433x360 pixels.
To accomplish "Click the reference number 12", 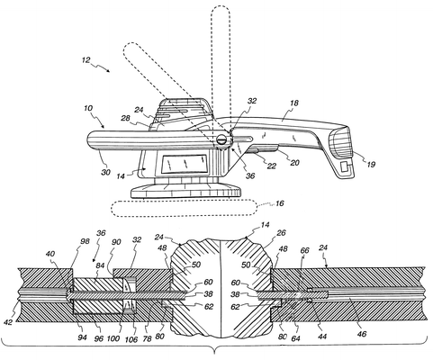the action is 86,60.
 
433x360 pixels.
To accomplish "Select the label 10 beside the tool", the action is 88,108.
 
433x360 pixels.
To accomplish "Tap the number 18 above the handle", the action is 294,103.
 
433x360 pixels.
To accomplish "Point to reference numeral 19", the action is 371,165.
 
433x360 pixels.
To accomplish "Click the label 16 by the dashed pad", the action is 280,203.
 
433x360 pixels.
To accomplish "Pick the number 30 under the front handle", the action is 105,172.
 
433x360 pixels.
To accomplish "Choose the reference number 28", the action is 125,118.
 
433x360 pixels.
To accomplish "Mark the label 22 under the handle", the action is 271,166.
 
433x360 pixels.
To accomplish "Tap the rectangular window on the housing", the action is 185,164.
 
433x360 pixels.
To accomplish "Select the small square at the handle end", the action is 345,166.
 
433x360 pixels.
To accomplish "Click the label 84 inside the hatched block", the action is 100,265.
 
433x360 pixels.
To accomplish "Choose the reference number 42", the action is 8,322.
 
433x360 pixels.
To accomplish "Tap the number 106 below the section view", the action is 131,339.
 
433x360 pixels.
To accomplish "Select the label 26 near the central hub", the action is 282,233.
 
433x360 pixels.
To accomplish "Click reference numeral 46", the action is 362,334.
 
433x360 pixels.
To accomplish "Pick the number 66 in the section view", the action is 304,250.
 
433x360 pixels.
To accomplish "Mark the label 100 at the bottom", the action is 113,338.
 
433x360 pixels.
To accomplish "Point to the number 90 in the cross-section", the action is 116,242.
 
